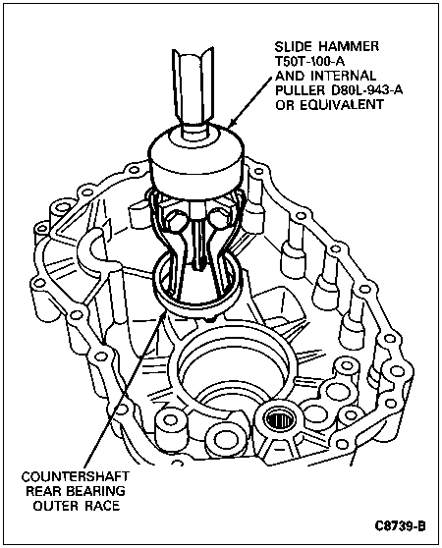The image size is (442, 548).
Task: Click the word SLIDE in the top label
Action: (293, 46)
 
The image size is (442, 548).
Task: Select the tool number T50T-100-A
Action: (309, 61)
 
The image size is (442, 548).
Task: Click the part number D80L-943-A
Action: (366, 90)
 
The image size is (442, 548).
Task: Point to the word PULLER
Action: (301, 90)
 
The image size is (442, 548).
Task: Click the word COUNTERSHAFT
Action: (75, 476)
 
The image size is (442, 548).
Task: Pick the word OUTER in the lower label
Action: (56, 506)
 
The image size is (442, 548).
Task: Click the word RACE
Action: (102, 506)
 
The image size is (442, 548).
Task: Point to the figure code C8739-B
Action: (400, 526)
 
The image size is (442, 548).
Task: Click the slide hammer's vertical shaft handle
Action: (193, 87)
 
